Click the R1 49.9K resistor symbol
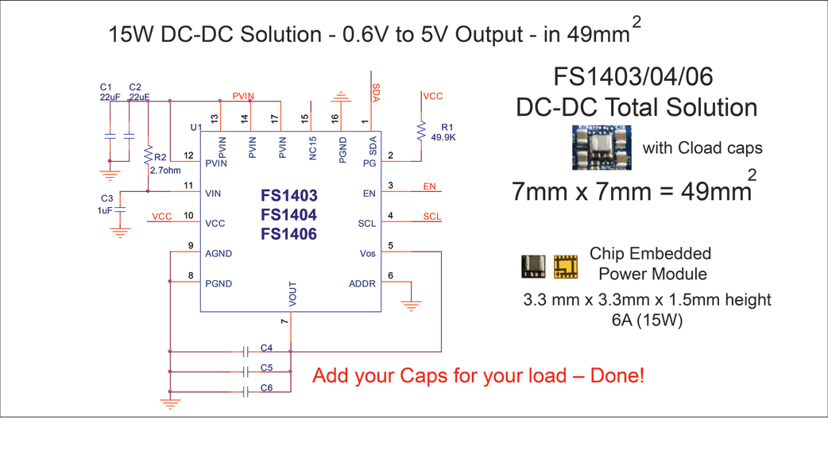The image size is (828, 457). tap(421, 131)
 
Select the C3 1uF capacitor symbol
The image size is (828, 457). tap(120, 209)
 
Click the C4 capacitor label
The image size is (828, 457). tap(267, 348)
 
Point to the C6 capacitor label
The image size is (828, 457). tap(267, 388)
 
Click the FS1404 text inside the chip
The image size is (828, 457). tap(289, 215)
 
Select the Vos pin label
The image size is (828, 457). tap(368, 254)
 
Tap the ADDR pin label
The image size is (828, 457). tap(362, 283)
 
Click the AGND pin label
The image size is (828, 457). tap(219, 254)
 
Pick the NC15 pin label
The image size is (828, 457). tap(312, 148)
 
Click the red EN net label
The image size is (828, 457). tap(429, 186)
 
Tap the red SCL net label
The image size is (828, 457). tap(432, 217)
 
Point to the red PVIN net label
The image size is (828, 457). tap(243, 96)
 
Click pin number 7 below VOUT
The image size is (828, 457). tap(284, 321)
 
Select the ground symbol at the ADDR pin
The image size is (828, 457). tap(412, 305)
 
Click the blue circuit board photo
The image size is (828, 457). tap(602, 148)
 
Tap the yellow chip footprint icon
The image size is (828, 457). tap(566, 267)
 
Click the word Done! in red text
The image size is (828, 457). tap(617, 376)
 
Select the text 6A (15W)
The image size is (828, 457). tap(648, 320)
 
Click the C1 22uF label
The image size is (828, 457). tap(110, 92)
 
